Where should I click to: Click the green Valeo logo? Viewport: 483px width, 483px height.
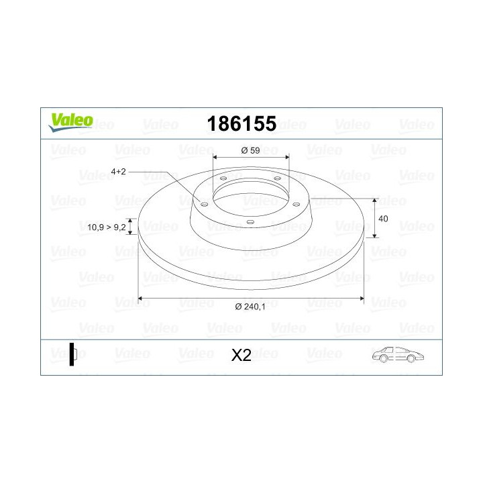pyautogui.click(x=70, y=120)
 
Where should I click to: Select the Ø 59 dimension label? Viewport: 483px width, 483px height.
pyautogui.click(x=250, y=150)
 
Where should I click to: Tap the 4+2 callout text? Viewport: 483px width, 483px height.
pyautogui.click(x=119, y=172)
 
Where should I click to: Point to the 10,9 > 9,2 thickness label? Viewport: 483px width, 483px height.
pyautogui.click(x=107, y=227)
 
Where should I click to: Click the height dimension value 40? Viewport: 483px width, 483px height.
pyautogui.click(x=384, y=219)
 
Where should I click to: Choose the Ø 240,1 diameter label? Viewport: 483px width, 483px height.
pyautogui.click(x=252, y=307)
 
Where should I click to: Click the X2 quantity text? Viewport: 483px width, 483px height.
pyautogui.click(x=241, y=356)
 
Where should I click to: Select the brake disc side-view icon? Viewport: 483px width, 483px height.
pyautogui.click(x=73, y=355)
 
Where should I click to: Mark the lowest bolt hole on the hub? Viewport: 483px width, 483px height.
pyautogui.click(x=250, y=222)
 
